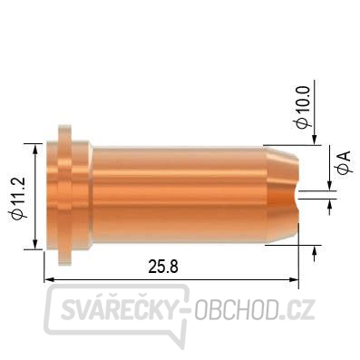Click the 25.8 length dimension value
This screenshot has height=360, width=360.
(163, 267)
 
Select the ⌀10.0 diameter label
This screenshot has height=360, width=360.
(304, 107)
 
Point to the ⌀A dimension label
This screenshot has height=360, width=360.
(345, 162)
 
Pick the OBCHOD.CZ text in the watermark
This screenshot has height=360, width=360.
(255, 309)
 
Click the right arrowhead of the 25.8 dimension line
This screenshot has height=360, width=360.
(294, 279)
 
